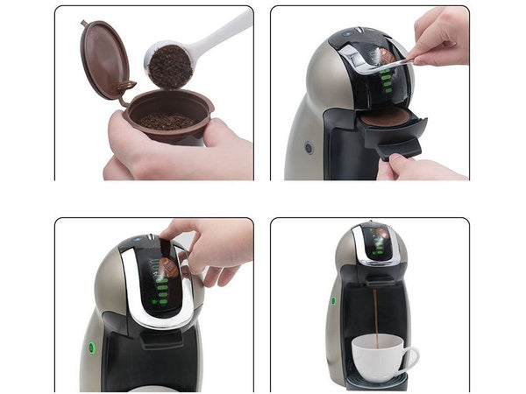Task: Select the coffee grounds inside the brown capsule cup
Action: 167,120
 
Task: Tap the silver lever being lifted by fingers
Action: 364,59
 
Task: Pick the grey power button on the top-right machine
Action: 309,148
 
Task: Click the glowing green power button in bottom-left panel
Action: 91,347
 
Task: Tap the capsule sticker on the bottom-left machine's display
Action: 168,266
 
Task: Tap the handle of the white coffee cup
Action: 411,355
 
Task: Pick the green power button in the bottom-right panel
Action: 333,300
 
